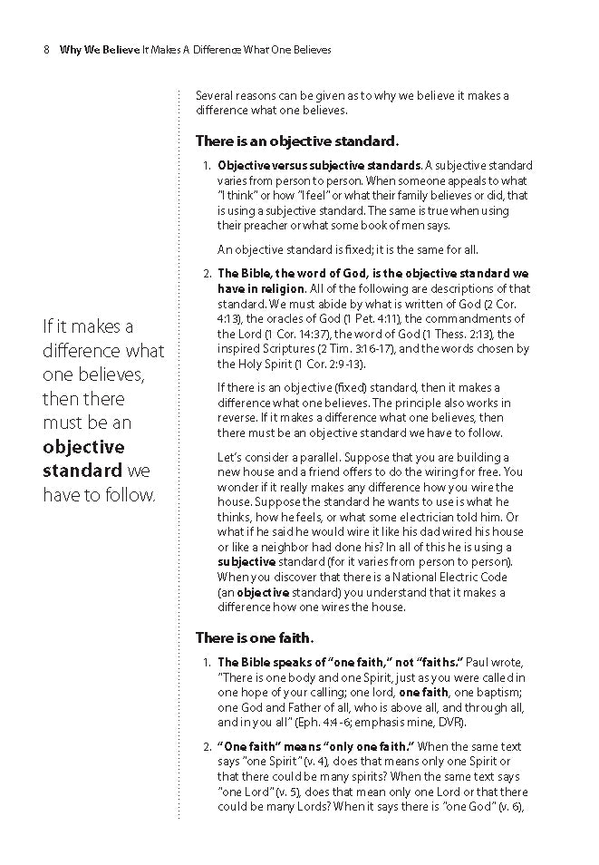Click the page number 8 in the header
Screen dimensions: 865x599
coord(45,50)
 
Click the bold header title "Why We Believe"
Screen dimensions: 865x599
coord(99,50)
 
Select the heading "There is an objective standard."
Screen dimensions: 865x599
coord(297,141)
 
